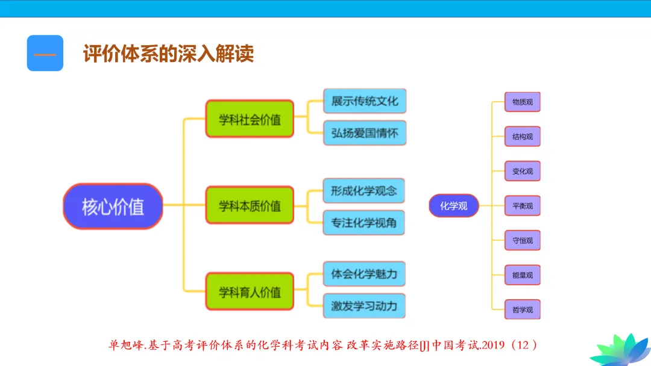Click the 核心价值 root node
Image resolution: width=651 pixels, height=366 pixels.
(113, 206)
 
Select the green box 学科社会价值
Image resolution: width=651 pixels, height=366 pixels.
(250, 119)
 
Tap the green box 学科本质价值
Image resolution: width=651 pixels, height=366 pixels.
(250, 206)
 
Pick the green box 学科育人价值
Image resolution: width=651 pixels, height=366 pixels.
(250, 292)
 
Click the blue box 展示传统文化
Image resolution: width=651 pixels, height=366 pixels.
(365, 101)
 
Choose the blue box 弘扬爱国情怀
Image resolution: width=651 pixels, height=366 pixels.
(365, 133)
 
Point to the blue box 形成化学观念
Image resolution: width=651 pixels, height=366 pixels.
(364, 191)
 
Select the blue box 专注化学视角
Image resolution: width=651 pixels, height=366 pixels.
(364, 223)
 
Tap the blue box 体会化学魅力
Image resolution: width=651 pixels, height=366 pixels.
(364, 274)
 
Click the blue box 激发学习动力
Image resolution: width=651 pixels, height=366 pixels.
(364, 306)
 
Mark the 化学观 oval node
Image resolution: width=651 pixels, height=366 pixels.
(454, 206)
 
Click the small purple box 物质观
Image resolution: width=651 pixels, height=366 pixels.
(523, 102)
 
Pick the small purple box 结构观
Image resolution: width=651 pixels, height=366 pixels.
(523, 137)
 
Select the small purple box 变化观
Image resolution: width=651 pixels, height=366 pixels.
(523, 171)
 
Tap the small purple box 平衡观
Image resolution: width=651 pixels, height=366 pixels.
(523, 206)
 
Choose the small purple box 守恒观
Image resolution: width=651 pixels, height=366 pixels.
(523, 241)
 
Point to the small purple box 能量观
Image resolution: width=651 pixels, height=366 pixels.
(523, 275)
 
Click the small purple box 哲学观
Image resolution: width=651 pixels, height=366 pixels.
(523, 310)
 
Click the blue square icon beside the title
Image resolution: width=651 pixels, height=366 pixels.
(45, 54)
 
